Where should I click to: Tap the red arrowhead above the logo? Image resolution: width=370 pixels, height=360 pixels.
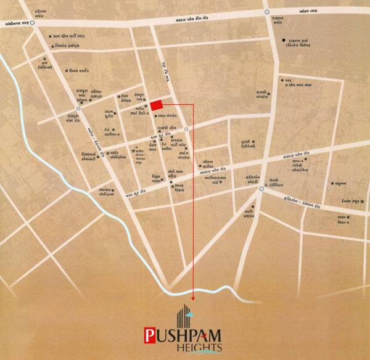click(194, 300)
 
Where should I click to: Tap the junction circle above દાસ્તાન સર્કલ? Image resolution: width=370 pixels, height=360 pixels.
click(266, 12)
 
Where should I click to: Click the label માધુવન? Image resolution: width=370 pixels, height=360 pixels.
click(340, 183)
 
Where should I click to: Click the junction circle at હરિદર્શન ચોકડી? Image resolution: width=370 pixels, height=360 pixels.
click(261, 189)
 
